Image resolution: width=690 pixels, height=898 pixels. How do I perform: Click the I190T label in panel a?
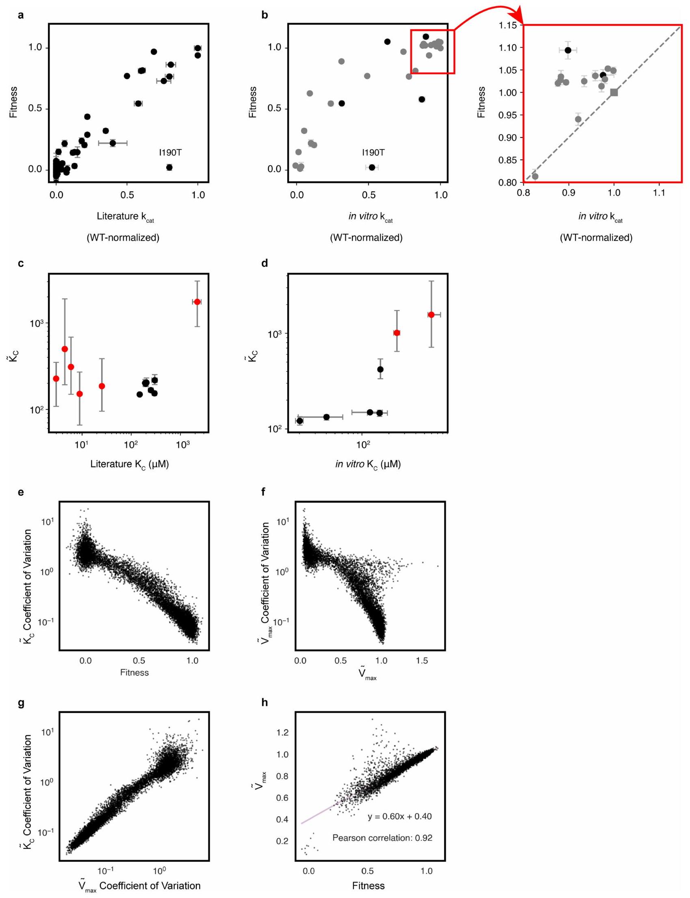point(170,153)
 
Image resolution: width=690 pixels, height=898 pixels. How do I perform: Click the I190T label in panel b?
point(373,153)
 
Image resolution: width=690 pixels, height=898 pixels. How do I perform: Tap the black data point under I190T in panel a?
point(169,167)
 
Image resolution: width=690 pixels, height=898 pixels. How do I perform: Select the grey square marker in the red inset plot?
point(614,92)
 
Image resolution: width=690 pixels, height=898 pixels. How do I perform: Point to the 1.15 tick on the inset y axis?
point(507,26)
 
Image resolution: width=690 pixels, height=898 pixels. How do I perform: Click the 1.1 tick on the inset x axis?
point(659,193)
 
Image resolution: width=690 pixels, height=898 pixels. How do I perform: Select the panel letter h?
point(265,703)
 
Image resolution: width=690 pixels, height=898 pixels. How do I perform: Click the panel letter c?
point(21,263)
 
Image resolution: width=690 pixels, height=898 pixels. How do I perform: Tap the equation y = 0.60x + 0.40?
point(399,816)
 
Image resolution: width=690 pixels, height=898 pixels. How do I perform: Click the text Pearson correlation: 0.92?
point(382,837)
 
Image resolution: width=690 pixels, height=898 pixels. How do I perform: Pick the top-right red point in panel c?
point(197,302)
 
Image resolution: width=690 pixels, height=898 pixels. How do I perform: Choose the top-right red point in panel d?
point(431,315)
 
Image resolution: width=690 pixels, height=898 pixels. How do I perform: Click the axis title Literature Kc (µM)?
point(129,464)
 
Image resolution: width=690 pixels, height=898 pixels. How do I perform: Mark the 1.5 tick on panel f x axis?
point(422,661)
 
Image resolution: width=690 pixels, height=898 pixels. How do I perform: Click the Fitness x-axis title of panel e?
point(135,672)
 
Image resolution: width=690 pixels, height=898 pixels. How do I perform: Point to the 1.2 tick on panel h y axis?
point(283,733)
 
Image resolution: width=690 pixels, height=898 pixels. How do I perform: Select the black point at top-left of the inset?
point(568,50)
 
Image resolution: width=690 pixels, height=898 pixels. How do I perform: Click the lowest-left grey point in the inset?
point(535,177)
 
